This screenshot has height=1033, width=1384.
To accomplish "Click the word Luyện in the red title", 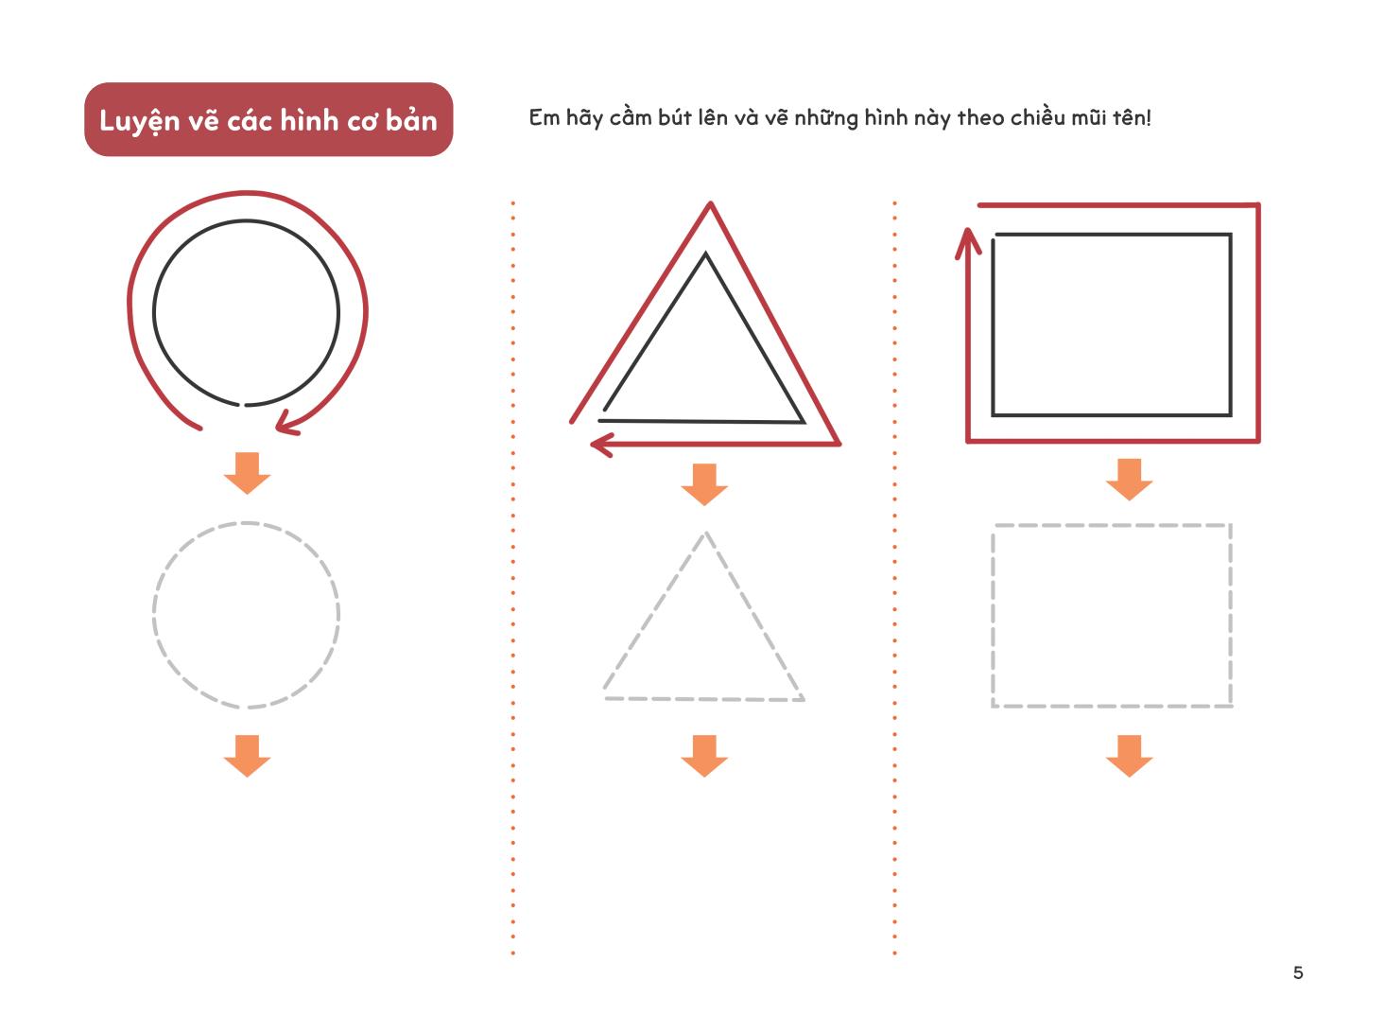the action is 139,120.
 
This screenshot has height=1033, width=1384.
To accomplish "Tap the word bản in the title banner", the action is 411,118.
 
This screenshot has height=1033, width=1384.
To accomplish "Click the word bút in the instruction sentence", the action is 674,118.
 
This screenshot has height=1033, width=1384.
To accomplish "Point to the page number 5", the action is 1298,972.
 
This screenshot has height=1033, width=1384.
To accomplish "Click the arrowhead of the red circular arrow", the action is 287,422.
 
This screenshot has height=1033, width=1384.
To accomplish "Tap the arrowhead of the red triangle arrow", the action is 602,445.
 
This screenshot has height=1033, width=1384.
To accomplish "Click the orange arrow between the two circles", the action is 247,473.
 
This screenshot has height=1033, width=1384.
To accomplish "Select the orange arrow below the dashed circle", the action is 247,756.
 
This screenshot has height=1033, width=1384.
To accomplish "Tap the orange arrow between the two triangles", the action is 704,484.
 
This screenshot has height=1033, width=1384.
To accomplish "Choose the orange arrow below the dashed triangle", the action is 704,756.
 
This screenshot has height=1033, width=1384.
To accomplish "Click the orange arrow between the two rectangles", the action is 1130,480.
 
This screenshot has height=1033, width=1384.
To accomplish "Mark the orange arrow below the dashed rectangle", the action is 1130,756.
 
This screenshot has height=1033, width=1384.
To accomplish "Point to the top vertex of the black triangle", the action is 705,254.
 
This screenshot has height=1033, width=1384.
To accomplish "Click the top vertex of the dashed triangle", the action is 706,534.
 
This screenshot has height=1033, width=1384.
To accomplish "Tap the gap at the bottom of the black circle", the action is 242,404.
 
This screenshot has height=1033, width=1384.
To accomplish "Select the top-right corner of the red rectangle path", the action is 1258,205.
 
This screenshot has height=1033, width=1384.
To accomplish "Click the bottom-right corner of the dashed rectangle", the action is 1231,706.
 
